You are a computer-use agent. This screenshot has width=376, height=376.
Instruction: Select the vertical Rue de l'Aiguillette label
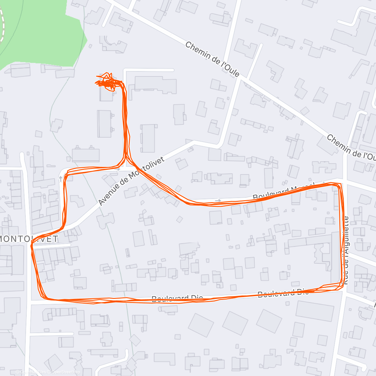pos(346,250)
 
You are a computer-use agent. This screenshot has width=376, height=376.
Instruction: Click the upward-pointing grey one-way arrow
pos(60,179)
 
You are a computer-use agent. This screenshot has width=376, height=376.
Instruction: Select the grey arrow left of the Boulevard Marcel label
pos(218,200)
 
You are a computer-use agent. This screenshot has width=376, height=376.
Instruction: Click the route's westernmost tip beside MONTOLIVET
pos(31,246)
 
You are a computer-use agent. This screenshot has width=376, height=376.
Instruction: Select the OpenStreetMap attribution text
pos(66,372)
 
